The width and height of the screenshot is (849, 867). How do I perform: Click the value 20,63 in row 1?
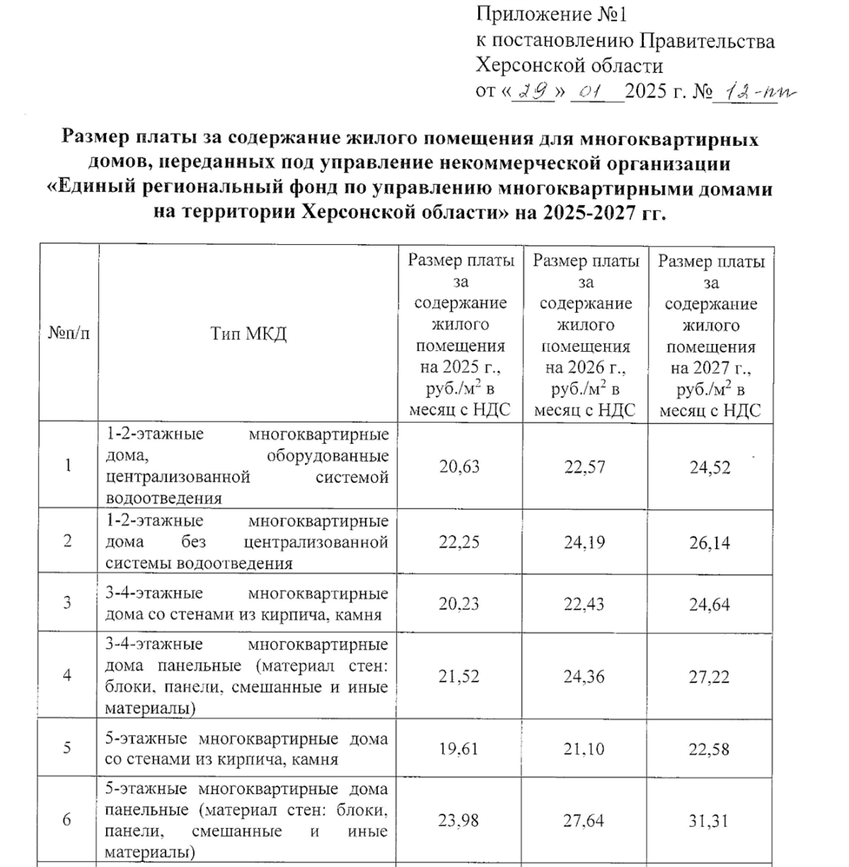click(x=459, y=467)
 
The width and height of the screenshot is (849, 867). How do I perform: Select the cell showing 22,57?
click(x=585, y=467)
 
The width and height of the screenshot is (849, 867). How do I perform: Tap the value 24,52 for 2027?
click(x=710, y=467)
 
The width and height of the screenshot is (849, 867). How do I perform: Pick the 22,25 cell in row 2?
click(x=459, y=543)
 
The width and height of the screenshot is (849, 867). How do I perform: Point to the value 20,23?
click(x=459, y=604)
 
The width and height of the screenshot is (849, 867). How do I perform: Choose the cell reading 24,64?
click(x=710, y=605)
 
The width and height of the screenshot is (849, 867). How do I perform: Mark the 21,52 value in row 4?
click(x=459, y=676)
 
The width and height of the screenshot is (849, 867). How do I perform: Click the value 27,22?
click(x=710, y=677)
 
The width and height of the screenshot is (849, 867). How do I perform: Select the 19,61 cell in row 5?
click(x=459, y=749)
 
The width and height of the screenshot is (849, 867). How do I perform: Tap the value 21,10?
click(x=585, y=749)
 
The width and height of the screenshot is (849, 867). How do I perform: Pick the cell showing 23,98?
click(x=459, y=821)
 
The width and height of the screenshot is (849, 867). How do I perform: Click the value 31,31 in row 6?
click(x=710, y=821)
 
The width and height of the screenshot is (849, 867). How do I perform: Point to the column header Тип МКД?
click(x=249, y=334)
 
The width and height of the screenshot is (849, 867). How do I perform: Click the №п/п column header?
click(x=69, y=334)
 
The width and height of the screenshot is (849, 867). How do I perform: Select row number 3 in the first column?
click(x=67, y=603)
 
